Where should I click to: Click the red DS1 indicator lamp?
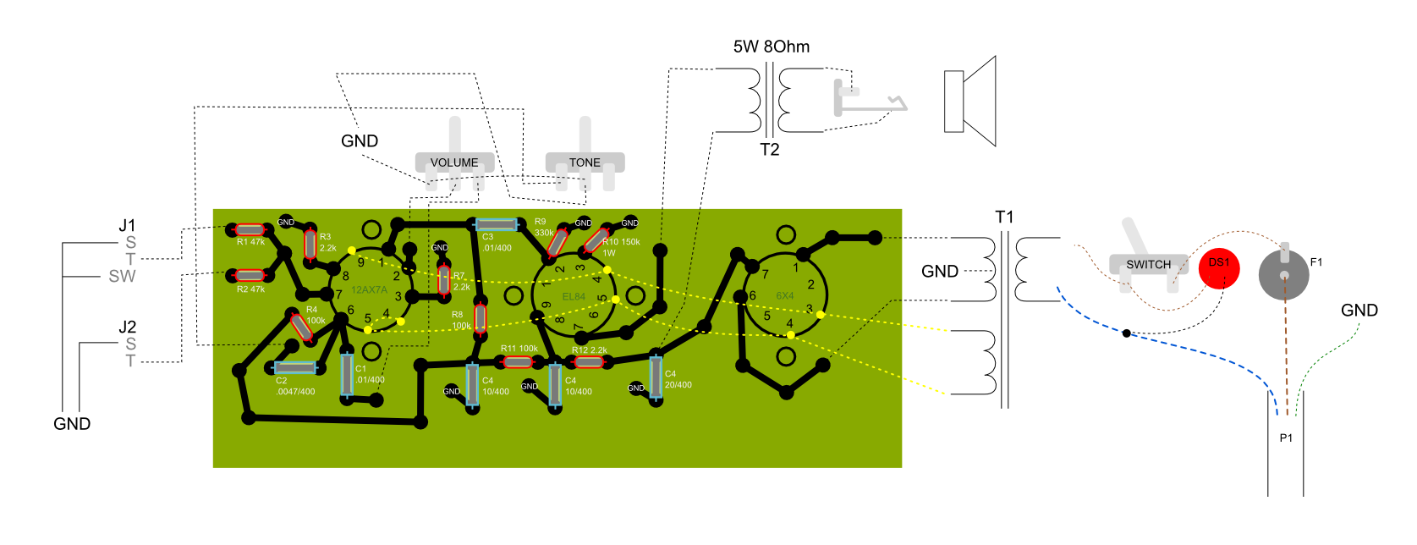(1219, 269)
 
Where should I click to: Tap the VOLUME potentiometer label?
(454, 162)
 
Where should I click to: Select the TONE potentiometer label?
(585, 162)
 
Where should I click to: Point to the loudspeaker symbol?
(970, 102)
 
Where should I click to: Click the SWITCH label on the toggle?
(1148, 264)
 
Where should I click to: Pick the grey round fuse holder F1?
(1283, 275)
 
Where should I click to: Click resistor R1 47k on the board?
(250, 229)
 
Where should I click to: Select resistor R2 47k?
(250, 276)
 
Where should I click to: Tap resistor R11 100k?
(518, 362)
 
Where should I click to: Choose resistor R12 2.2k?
(589, 362)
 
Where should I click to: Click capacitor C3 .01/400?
(496, 225)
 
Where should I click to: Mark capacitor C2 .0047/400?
(295, 368)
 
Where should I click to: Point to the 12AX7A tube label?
(369, 290)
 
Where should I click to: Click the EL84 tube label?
(574, 297)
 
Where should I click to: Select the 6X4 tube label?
(785, 296)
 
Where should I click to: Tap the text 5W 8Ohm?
(771, 47)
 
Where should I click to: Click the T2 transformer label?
(769, 150)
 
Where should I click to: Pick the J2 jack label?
(127, 327)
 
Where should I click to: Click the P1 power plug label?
(1286, 438)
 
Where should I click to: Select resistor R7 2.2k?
(444, 280)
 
